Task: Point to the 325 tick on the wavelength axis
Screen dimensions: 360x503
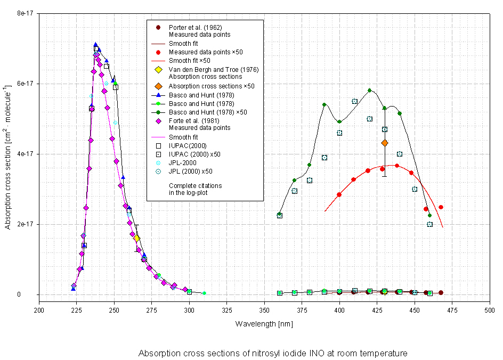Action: (x=227, y=309)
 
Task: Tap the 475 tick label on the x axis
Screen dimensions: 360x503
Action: (x=452, y=309)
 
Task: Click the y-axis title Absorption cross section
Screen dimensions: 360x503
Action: (x=8, y=154)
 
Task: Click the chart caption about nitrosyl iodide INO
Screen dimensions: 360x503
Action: (x=272, y=353)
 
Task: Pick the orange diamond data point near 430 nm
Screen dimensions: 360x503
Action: (x=385, y=143)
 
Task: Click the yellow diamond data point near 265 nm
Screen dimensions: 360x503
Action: (x=137, y=238)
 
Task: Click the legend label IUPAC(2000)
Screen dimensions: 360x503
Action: (x=187, y=145)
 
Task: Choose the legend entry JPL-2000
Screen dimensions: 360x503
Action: (x=182, y=162)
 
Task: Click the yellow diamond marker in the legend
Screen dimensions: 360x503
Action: (x=158, y=70)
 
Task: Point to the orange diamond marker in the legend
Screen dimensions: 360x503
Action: (x=158, y=86)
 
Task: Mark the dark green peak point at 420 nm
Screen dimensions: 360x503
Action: (x=369, y=90)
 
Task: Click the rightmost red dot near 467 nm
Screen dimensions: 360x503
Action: (x=441, y=207)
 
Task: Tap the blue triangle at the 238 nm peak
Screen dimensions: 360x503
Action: (x=96, y=45)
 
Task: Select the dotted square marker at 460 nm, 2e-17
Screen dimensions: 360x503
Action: (x=429, y=224)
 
